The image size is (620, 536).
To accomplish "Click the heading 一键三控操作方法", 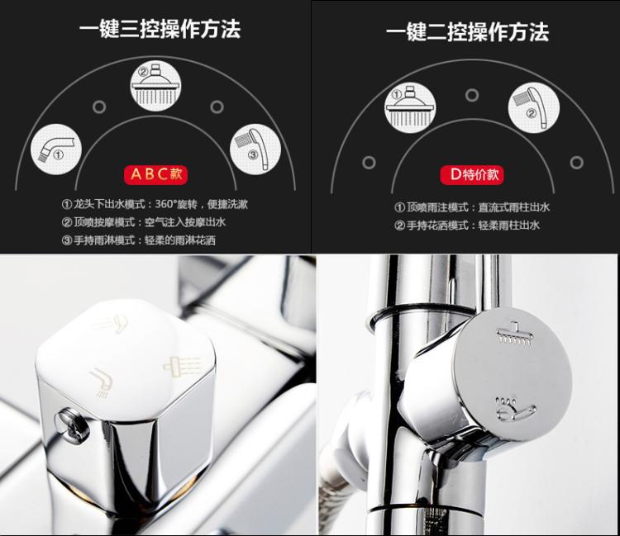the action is [x=160, y=29].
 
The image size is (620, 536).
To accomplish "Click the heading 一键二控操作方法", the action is [x=467, y=32].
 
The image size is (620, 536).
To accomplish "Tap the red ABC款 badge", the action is [x=155, y=174].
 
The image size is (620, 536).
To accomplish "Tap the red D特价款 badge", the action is [x=472, y=174].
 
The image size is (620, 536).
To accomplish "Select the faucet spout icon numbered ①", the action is [x=56, y=149].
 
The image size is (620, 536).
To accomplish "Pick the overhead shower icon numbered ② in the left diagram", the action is [x=155, y=86].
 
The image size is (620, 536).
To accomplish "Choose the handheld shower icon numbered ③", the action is [x=255, y=149].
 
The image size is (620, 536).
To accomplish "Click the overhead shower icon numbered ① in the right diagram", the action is [x=410, y=107].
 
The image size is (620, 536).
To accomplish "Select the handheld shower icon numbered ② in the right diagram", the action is [x=534, y=107].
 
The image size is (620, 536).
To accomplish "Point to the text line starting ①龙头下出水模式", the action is [x=155, y=204].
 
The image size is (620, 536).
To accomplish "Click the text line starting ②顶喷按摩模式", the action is [x=144, y=222].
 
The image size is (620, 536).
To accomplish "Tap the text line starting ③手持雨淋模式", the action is [x=138, y=240].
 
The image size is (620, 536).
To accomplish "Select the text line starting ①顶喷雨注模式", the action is [x=472, y=207].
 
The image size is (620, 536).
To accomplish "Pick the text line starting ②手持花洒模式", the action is [x=466, y=225].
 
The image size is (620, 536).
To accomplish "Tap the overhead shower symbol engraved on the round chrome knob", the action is [x=515, y=334].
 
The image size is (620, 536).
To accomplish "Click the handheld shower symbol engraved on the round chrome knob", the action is [x=515, y=409].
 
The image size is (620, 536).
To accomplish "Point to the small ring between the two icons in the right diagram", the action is [x=472, y=95].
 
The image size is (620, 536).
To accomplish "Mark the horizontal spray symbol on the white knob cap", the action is [x=183, y=364].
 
